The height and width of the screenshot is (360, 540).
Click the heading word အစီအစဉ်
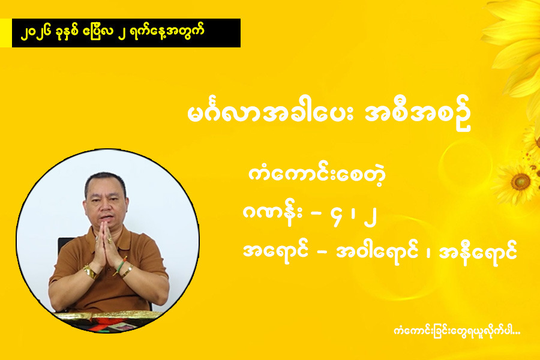pos(418,115)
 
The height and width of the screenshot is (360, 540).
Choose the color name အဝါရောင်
pos(377,252)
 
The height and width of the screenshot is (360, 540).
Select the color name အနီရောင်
pos(478,252)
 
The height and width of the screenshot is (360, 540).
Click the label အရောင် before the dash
pos(275,252)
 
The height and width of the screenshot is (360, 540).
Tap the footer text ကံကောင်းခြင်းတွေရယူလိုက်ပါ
pos(457,331)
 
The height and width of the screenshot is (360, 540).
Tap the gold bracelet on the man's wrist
pos(90,272)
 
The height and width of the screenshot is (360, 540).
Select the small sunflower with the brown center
pos(518,183)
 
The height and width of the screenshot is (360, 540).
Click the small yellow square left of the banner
pos(6,33)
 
